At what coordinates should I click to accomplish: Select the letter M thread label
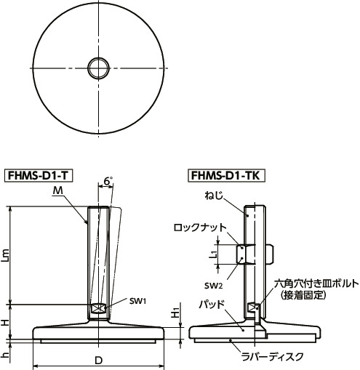click(57, 190)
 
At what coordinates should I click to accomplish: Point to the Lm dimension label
click(7, 254)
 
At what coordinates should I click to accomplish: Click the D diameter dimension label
click(98, 361)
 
